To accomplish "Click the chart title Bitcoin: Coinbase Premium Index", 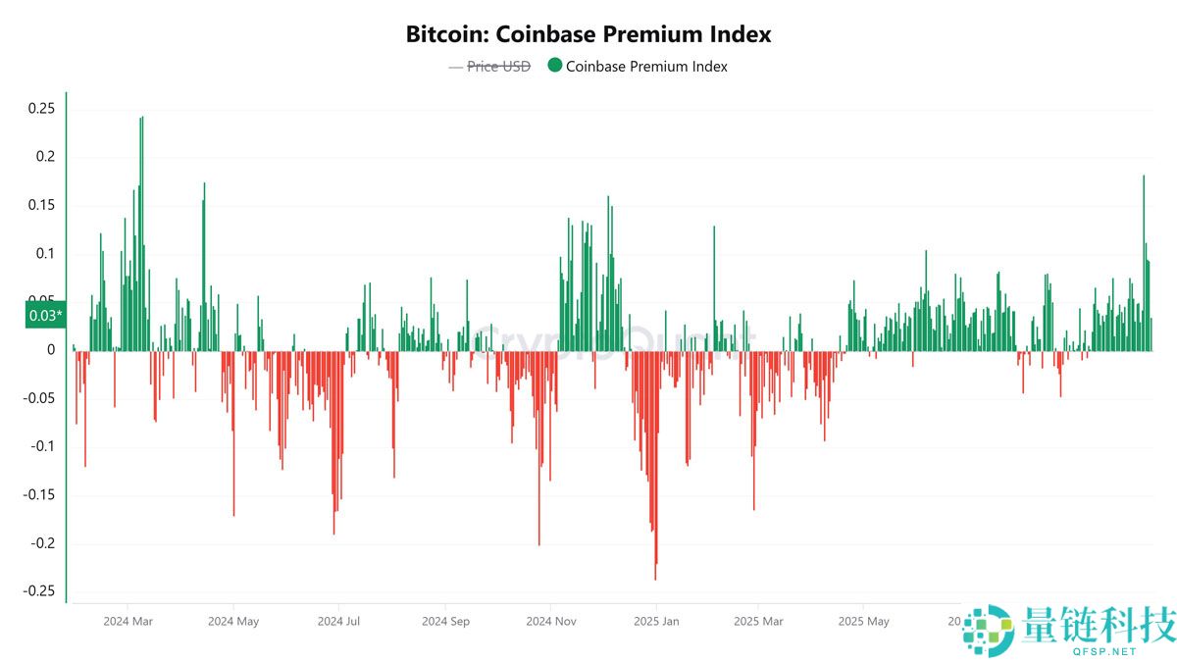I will [588, 34].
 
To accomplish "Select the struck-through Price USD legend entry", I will [497, 67].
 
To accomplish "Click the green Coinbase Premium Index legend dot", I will [554, 66].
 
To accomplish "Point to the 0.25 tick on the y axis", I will [41, 109].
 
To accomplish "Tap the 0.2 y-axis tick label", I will [45, 157].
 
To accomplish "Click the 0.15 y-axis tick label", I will [41, 205].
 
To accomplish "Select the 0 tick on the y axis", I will [51, 350].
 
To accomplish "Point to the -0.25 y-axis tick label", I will [38, 590].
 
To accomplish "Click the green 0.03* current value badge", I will [45, 315].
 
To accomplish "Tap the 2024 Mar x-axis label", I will [128, 622].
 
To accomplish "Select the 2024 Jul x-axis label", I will [339, 622].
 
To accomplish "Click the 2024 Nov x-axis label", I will [551, 622].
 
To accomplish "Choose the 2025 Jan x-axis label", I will [656, 622].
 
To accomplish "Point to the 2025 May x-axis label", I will [864, 622].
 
